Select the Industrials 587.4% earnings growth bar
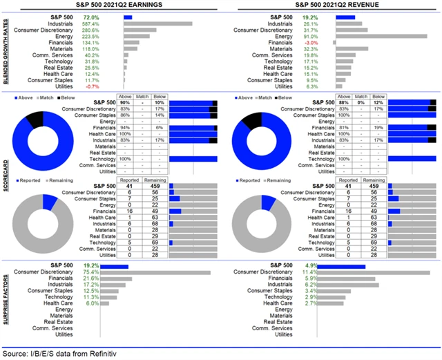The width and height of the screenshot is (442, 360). pyautogui.click(x=158, y=23)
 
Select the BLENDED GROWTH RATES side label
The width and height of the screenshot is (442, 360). pyautogui.click(x=6, y=49)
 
